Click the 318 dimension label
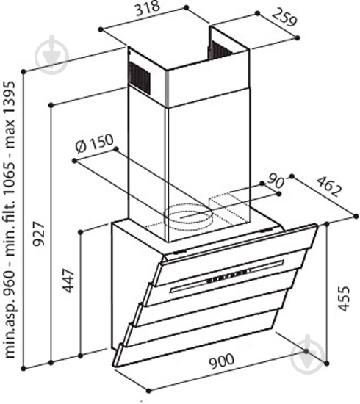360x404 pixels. pyautogui.click(x=148, y=9)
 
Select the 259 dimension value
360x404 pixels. pyautogui.click(x=284, y=18)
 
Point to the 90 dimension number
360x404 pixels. pyautogui.click(x=276, y=181)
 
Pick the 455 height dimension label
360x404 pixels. pyautogui.click(x=344, y=298)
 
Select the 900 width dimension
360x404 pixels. pyautogui.click(x=222, y=361)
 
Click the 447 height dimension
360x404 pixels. pyautogui.click(x=68, y=281)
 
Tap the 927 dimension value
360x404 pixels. pyautogui.click(x=40, y=234)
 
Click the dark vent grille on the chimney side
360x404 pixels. pyautogui.click(x=140, y=77)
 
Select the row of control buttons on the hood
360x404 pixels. pyautogui.click(x=228, y=275)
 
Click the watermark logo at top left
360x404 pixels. pyautogui.click(x=52, y=54)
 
